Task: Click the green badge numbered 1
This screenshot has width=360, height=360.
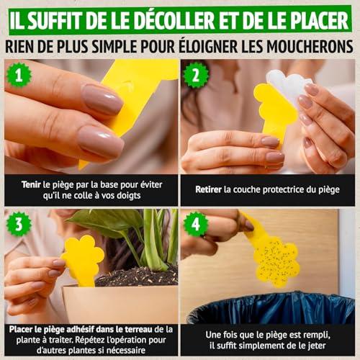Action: pos(19,75)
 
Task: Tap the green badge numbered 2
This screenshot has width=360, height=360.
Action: pos(196,75)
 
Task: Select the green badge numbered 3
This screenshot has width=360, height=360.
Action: pos(19,225)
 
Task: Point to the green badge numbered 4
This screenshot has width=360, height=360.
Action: pos(196,225)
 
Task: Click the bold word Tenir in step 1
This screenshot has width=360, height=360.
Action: pos(31,185)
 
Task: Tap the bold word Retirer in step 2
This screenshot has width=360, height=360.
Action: pos(208,189)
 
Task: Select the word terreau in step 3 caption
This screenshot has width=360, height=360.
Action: pos(138,330)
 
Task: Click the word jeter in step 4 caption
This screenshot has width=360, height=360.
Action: pos(317,346)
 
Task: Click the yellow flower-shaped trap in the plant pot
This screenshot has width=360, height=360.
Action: pos(83,261)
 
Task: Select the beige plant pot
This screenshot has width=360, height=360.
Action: pos(120,304)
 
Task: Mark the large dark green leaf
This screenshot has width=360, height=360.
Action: pos(106,222)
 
